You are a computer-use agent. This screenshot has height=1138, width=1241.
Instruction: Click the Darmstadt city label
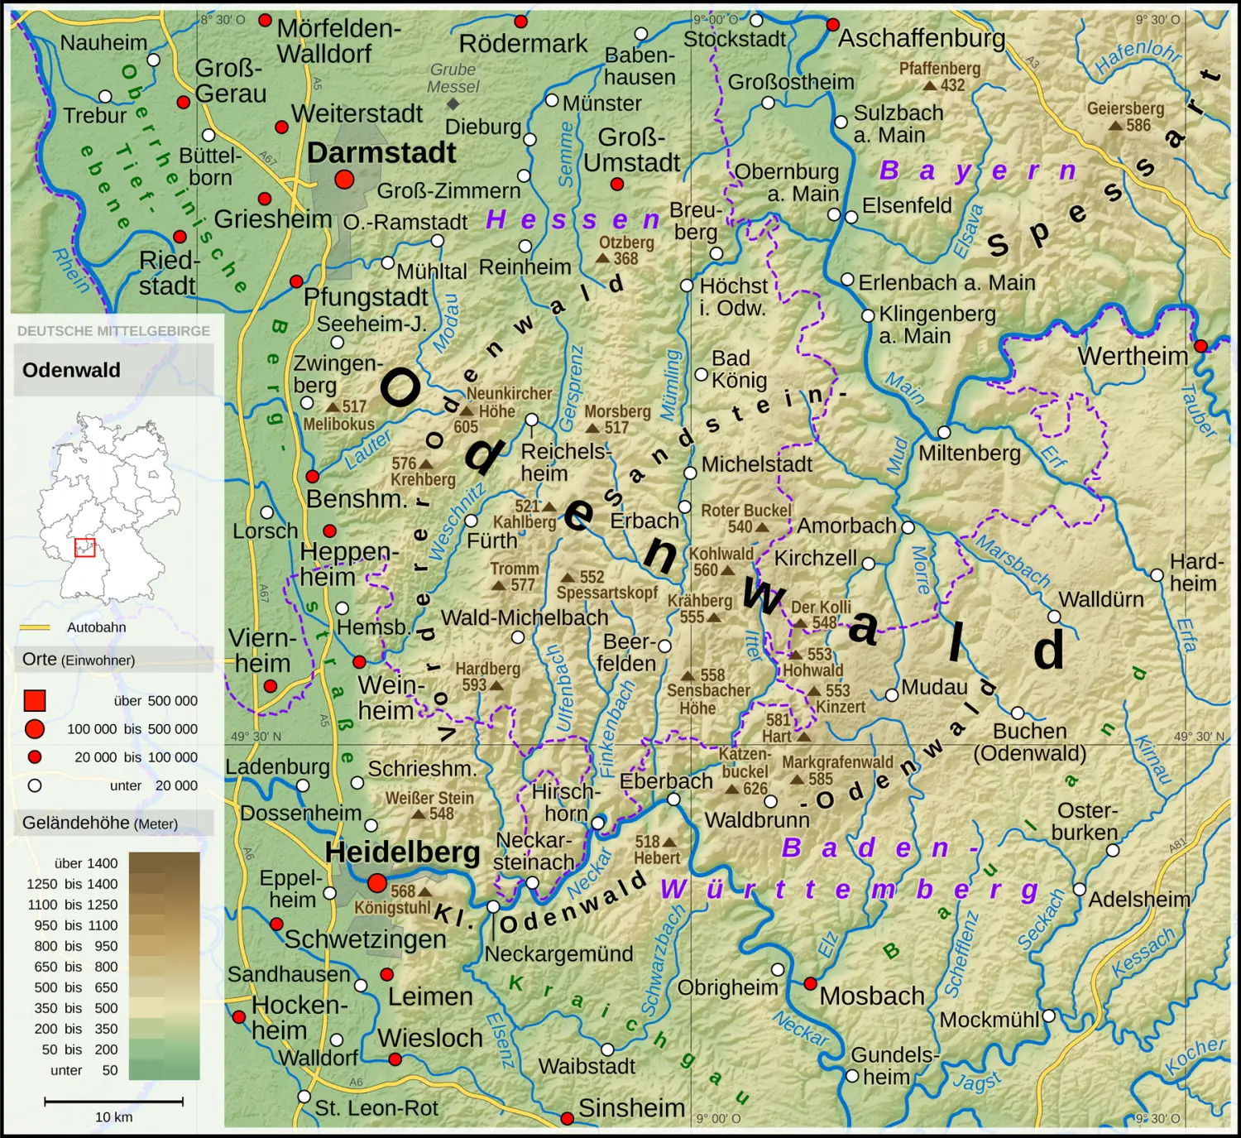coord(381,153)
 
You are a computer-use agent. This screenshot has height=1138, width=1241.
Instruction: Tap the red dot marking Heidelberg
coord(377,883)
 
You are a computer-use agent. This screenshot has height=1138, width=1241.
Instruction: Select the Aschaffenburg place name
coord(922,38)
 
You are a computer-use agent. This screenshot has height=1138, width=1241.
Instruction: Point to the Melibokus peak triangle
coord(333,407)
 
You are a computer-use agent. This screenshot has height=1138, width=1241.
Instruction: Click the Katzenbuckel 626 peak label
coord(745,771)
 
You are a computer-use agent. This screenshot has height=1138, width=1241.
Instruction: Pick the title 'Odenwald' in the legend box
coord(71,370)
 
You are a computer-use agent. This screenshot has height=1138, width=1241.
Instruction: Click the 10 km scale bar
coord(113,1102)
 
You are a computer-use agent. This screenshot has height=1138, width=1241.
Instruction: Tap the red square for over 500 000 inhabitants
coord(35,701)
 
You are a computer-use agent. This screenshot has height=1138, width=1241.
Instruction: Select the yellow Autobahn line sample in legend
coord(35,627)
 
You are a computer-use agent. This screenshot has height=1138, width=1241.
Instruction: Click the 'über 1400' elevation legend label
coord(86,863)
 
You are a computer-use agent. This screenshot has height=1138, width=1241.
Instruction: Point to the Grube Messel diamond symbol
coord(453,103)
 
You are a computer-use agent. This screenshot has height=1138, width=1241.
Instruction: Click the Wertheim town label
coord(1132,357)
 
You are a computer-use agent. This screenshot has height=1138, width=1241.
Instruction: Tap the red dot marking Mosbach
coord(811,983)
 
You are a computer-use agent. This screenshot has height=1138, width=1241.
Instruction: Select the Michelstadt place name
coord(756,465)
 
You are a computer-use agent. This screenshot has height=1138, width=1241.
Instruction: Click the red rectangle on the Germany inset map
coord(85,547)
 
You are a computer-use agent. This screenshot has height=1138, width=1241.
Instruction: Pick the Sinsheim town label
coord(631,1108)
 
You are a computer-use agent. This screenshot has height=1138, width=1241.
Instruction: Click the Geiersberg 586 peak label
coord(1125,117)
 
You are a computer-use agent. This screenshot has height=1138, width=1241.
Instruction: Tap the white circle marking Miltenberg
coord(944,432)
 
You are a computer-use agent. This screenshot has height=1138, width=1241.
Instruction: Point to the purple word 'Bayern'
coord(977,170)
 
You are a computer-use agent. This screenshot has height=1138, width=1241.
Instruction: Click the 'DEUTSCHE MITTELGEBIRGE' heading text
coord(113,331)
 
